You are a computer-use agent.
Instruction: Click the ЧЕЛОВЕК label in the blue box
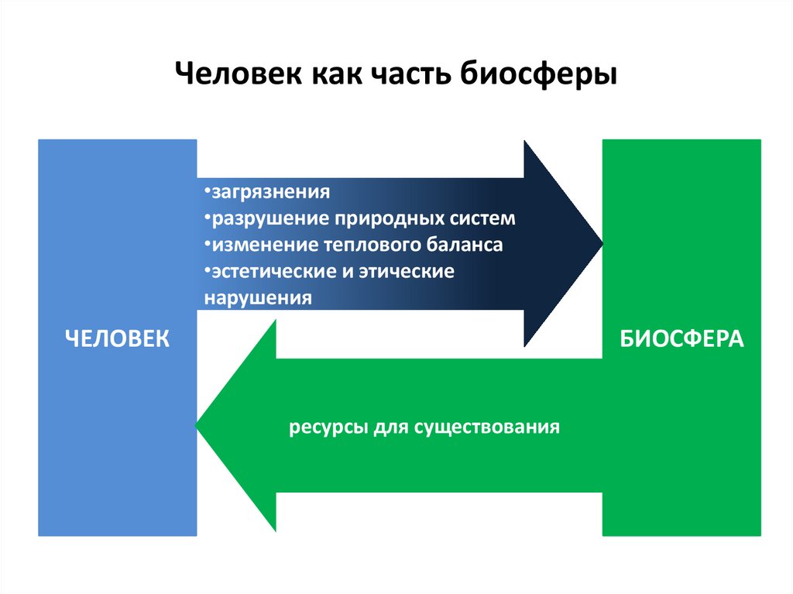coord(117,338)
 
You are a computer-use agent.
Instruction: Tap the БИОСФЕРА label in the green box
coord(681,338)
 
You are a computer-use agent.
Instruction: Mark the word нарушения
coord(258,298)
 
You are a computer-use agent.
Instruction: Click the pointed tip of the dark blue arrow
coord(601,243)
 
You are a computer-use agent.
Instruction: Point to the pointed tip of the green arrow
coord(199,426)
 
